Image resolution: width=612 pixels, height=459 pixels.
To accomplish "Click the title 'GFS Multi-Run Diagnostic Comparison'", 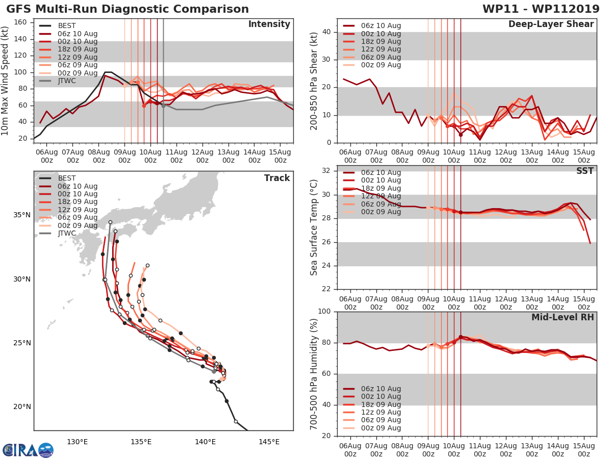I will click(127, 9).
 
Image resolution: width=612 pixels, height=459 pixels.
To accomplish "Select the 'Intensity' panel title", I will click(269, 24).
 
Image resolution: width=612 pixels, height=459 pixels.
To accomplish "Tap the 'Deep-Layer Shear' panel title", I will click(551, 24).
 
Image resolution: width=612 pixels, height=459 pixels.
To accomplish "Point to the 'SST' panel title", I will click(585, 171).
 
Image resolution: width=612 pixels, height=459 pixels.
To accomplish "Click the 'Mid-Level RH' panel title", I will click(563, 317).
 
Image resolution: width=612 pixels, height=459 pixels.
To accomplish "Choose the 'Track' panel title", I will click(277, 178).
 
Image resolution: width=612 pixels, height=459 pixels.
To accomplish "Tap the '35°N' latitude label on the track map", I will click(21, 215).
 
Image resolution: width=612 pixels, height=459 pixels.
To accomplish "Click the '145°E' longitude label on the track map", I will click(269, 442).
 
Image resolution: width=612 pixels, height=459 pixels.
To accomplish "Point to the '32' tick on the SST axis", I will click(327, 171).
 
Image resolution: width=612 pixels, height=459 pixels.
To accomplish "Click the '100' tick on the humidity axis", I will click(324, 312).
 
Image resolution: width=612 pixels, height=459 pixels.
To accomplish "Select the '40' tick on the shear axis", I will click(327, 32).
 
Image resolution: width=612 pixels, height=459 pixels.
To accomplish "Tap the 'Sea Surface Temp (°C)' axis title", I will click(314, 227).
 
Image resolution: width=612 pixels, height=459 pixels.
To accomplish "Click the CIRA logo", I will click(28, 450).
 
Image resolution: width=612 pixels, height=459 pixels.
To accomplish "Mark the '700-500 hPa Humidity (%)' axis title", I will click(314, 374).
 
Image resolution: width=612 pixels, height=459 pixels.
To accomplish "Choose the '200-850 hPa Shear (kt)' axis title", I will click(314, 81).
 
